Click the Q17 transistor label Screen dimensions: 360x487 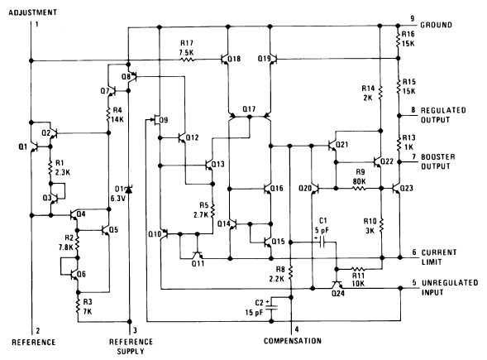(x=250, y=109)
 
